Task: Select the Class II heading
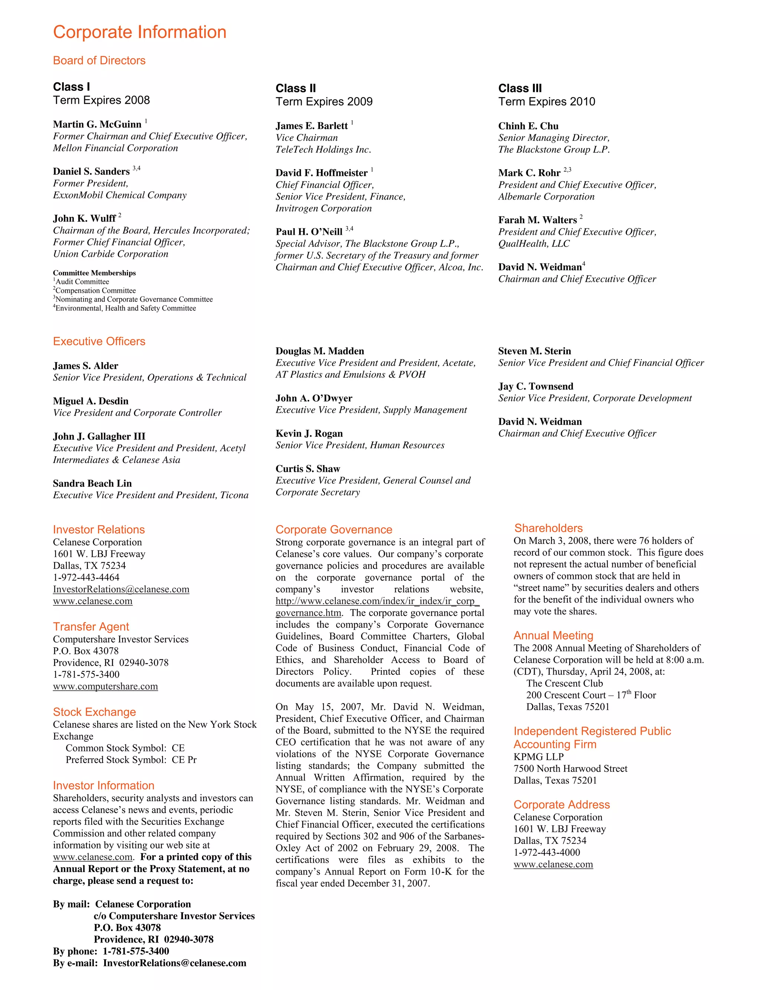295,88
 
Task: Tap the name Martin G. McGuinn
97,124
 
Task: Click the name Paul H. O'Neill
309,232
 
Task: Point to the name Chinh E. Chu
528,126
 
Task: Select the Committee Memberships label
94,273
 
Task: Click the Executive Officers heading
99,341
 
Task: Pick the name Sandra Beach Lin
92,483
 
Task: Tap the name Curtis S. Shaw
308,469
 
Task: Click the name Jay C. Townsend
535,387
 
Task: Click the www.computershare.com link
105,686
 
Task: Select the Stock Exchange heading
94,712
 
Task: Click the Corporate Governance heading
334,529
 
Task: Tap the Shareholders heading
548,528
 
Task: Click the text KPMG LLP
538,757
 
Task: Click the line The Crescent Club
564,684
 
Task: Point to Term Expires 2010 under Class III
547,102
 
